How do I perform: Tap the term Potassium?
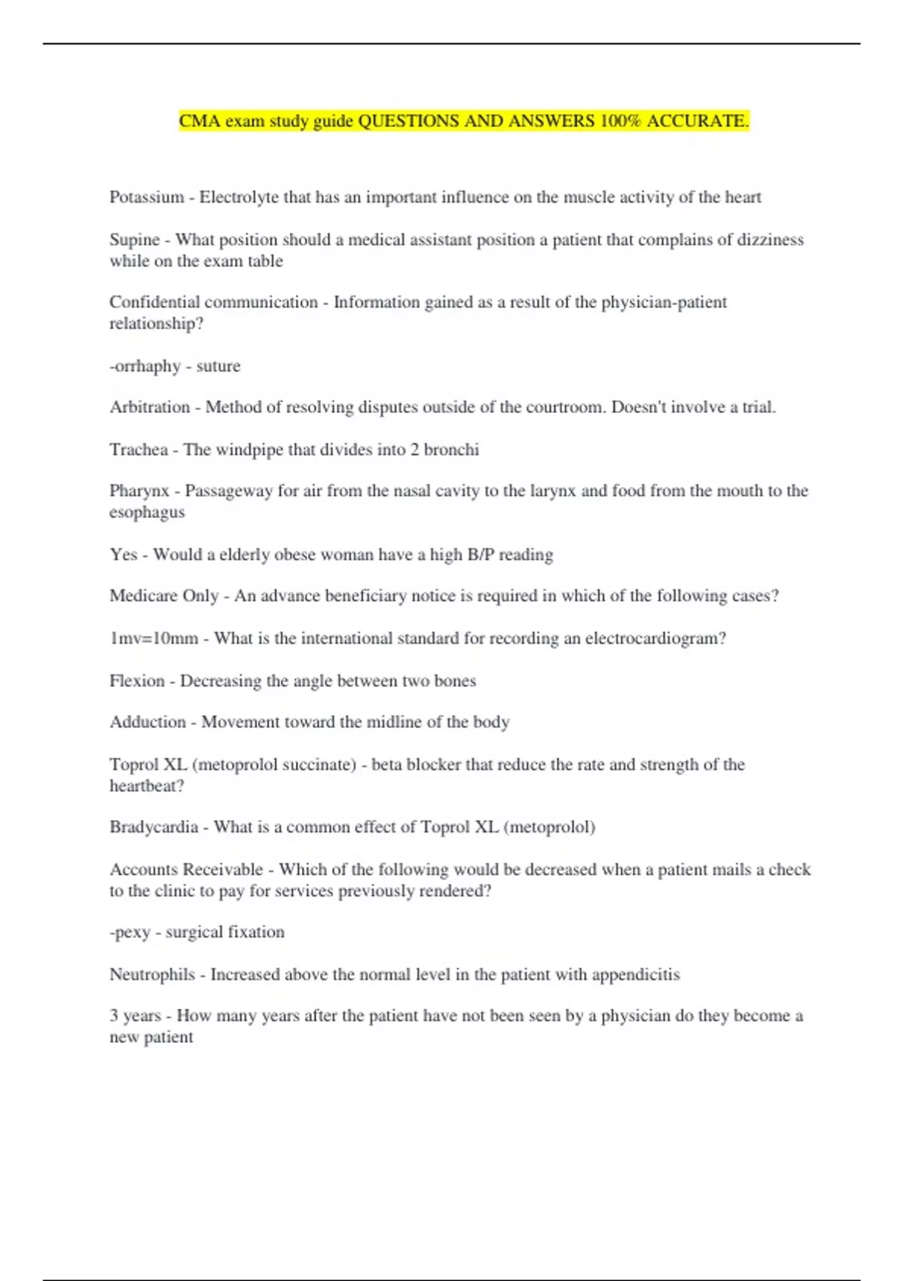coord(147,197)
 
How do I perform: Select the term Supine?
coord(135,240)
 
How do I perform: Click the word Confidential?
coord(154,302)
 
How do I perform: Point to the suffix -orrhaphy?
coord(145,366)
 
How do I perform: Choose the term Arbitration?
coord(150,408)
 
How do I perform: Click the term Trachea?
coord(139,450)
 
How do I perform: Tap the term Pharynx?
coord(139,491)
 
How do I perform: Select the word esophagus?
coord(147,512)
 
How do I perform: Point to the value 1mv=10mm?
coord(154,639)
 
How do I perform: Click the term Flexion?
coord(137,681)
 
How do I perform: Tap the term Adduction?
coord(148,723)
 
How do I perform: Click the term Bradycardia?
coord(154,827)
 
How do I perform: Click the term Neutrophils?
coord(152,975)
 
